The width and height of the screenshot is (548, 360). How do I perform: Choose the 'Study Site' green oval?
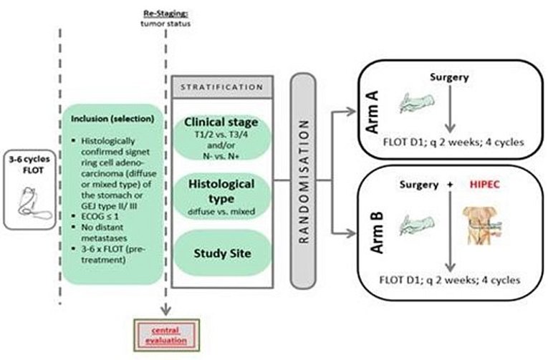pos(223,251)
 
